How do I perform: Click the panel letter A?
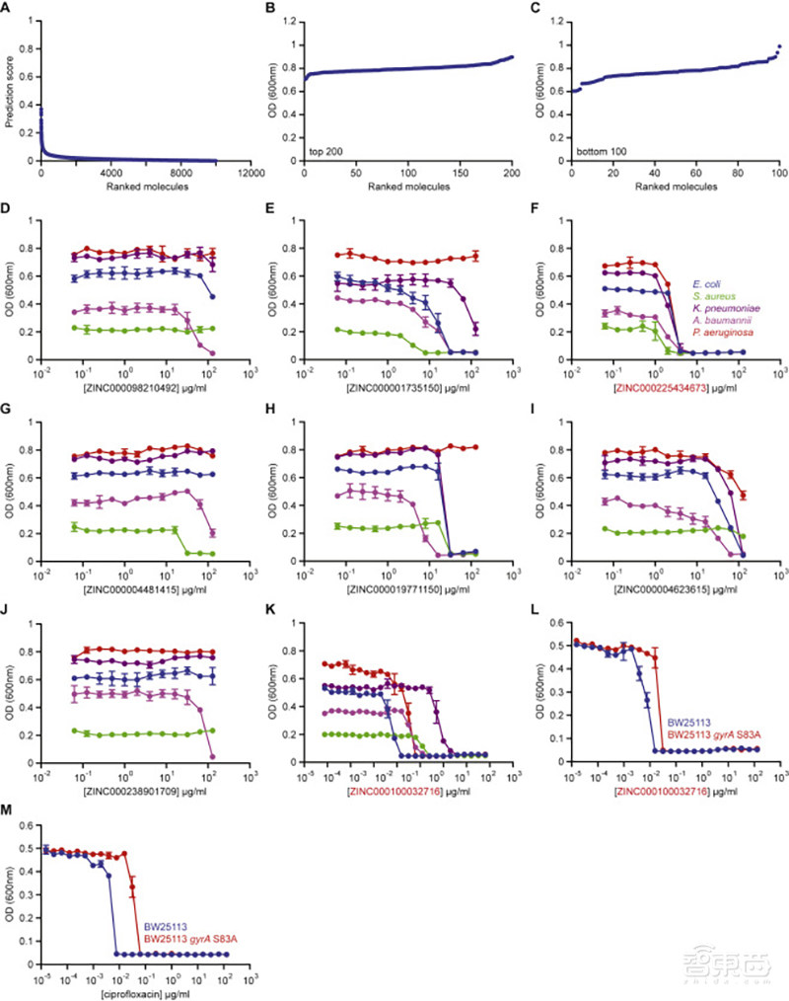point(10,11)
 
